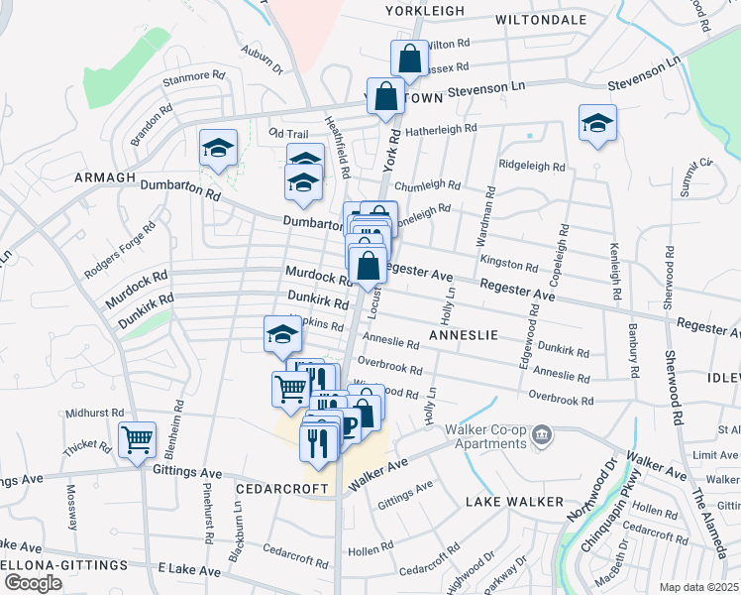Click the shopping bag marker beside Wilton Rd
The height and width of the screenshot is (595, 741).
409,59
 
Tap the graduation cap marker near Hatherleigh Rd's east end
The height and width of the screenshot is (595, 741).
596,124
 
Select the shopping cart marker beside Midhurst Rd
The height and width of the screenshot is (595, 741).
137,439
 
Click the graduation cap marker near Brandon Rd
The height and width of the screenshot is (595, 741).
218,149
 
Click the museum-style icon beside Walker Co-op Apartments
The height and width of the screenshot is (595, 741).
541,433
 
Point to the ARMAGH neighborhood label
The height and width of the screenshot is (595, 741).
104,177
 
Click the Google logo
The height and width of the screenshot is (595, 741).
32,583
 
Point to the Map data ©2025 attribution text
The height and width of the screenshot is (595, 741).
699,587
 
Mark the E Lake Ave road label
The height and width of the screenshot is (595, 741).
189,570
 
